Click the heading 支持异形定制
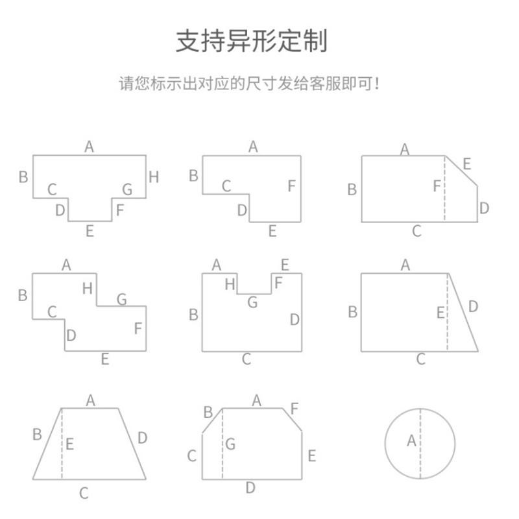[x=252, y=41]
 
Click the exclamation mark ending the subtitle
[x=378, y=84]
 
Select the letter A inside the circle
[x=411, y=441]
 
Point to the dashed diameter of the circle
[x=420, y=461]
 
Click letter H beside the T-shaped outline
[x=154, y=176]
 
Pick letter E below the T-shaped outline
[x=90, y=230]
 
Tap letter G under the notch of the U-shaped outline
[x=252, y=302]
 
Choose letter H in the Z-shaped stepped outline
[x=88, y=289]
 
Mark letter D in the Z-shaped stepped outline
[x=71, y=335]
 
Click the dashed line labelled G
[x=223, y=454]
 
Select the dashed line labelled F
[x=445, y=195]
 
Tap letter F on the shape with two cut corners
[x=295, y=409]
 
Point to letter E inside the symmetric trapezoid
[x=69, y=444]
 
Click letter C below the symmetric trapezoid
[x=84, y=494]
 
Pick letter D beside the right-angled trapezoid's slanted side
[x=473, y=306]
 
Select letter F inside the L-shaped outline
[x=291, y=186]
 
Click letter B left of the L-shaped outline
[x=193, y=175]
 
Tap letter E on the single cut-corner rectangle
[x=466, y=163]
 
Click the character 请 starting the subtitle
[x=125, y=84]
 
